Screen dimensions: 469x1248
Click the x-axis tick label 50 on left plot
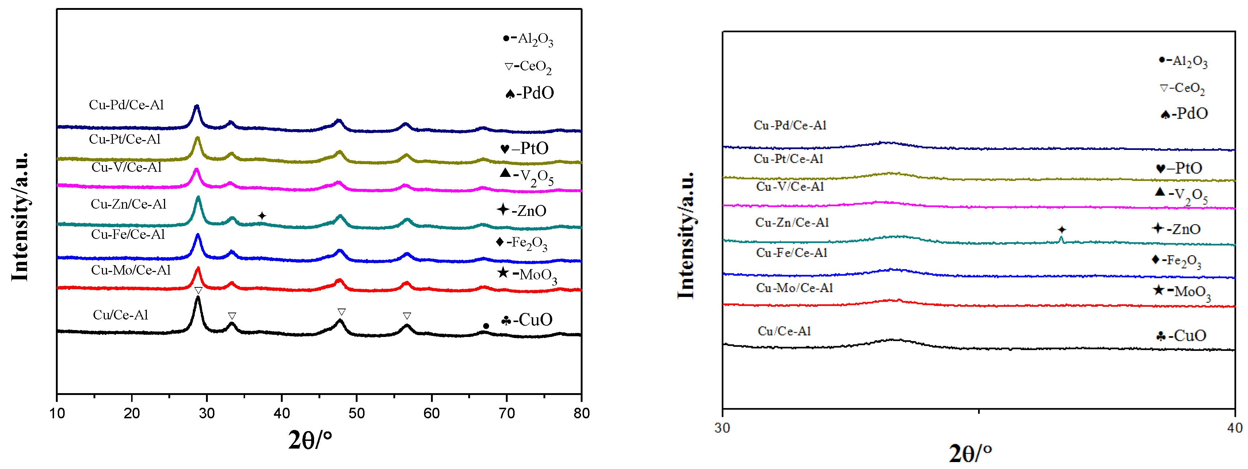[x=356, y=413]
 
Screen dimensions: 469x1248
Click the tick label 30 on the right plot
[x=722, y=428]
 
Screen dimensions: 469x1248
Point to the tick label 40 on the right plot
[x=1234, y=428]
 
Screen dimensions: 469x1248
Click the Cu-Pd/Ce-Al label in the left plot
[x=126, y=105]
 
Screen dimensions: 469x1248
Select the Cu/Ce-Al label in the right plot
[x=784, y=331]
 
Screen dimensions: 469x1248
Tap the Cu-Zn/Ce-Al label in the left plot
[x=129, y=204]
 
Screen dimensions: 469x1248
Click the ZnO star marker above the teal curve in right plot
[x=1061, y=229]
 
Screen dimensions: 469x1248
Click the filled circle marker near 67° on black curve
[x=486, y=326]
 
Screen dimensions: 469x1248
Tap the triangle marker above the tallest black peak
[x=198, y=290]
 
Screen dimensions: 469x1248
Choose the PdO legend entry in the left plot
[x=529, y=93]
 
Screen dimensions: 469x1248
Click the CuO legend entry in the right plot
[x=1181, y=336]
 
